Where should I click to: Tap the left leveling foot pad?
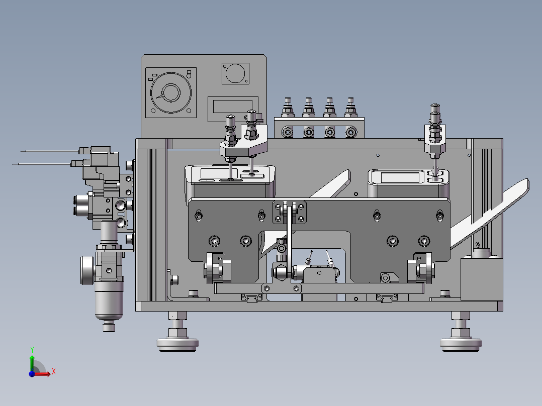coord(177,344)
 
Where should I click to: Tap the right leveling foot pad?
coord(461,344)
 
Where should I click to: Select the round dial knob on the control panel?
coord(170,92)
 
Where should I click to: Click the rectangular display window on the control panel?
coord(233,107)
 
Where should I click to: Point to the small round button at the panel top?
coord(235,73)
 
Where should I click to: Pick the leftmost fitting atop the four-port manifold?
coord(288,108)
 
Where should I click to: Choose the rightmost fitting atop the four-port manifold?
coord(350,108)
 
